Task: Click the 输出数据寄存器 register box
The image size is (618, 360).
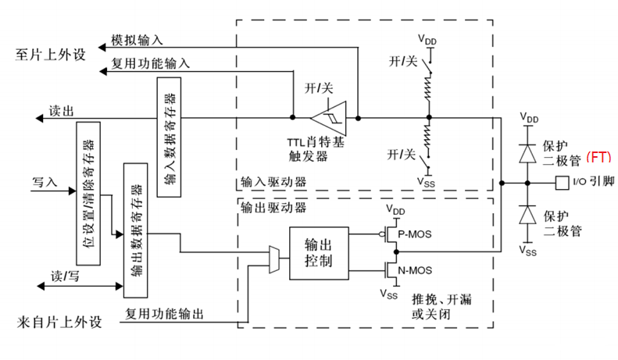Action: pyautogui.click(x=135, y=231)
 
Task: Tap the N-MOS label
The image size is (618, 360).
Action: pyautogui.click(x=414, y=273)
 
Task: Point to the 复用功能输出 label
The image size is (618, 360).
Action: pyautogui.click(x=165, y=314)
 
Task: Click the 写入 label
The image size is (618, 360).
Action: pyautogui.click(x=45, y=181)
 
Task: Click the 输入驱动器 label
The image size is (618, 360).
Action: pyautogui.click(x=273, y=182)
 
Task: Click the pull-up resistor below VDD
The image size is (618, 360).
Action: pyautogui.click(x=427, y=94)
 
